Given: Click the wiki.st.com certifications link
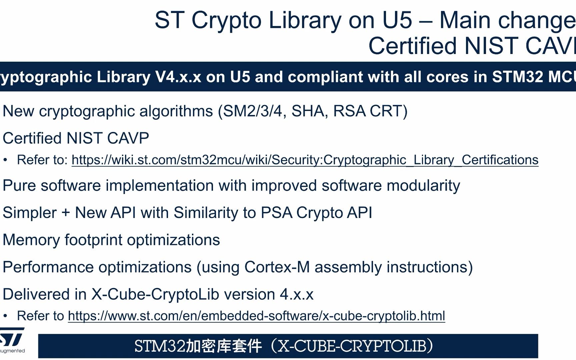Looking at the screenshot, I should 305,160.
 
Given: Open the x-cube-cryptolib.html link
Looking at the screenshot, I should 256,316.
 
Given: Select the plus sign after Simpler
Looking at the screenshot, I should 66,213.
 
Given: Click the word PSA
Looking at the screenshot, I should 276,213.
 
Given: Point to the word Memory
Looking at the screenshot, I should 31,240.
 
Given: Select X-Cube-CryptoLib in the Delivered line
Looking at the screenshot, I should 155,294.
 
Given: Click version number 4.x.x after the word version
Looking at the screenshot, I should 296,295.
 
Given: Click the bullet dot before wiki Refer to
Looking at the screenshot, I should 5,160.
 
